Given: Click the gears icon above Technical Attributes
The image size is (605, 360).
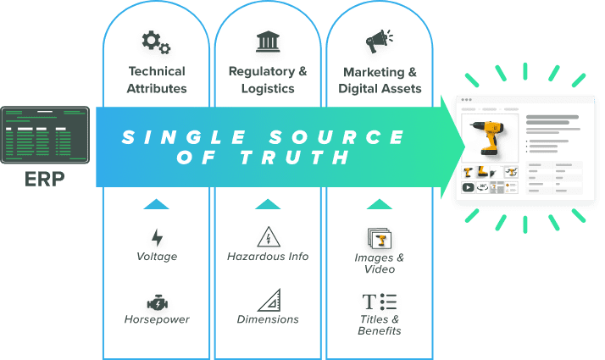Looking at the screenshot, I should click(156, 42).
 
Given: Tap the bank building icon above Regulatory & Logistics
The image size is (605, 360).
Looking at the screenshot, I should click(268, 42).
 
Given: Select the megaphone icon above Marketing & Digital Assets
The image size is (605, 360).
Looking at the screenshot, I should click(379, 42).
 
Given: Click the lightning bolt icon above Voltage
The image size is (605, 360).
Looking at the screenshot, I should click(156, 237).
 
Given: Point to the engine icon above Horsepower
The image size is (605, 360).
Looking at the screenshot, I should click(156, 302).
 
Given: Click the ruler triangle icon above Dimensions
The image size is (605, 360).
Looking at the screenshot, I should click(268, 300).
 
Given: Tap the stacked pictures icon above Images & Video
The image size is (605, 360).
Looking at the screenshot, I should click(379, 238).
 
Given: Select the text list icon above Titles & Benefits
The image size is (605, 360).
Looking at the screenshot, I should click(379, 302).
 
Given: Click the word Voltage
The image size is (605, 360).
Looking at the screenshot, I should click(156, 256).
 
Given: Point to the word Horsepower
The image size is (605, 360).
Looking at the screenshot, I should click(156, 319).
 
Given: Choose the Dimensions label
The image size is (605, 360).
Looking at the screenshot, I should click(268, 319).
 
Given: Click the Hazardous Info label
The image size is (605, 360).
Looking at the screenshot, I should click(268, 256).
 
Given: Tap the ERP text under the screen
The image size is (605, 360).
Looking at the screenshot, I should click(42, 180).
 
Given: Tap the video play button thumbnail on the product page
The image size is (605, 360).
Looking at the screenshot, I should click(468, 188).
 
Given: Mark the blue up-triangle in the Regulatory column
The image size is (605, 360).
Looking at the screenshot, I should click(268, 204).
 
